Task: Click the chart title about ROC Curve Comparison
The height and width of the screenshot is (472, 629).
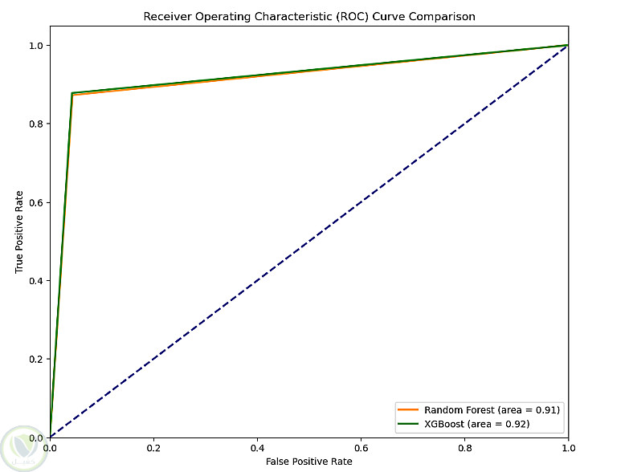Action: click(309, 17)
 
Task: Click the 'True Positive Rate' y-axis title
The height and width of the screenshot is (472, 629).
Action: click(18, 232)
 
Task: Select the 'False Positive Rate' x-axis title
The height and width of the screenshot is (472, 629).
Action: click(309, 462)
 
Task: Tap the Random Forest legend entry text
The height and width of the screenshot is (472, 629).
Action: click(492, 410)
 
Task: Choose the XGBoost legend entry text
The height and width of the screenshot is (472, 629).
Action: click(477, 424)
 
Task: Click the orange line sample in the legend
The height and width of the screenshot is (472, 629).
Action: click(408, 410)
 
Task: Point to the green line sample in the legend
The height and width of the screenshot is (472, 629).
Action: click(408, 424)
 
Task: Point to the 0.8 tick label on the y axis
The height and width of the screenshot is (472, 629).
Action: click(35, 124)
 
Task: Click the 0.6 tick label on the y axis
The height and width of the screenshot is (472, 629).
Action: click(35, 203)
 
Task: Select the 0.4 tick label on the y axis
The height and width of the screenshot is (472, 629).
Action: click(35, 280)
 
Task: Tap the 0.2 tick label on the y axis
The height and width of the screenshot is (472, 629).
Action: click(35, 359)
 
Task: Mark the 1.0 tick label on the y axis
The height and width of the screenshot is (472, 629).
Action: click(35, 46)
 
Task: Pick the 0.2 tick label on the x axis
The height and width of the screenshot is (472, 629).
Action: click(153, 448)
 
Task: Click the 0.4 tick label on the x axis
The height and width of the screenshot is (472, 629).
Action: click(257, 448)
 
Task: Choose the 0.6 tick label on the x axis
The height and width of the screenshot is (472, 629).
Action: click(361, 448)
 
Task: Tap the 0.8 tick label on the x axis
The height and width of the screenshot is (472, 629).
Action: click(465, 448)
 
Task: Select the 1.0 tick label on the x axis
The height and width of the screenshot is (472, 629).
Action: click(569, 448)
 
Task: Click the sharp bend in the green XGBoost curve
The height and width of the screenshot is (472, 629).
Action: click(71, 93)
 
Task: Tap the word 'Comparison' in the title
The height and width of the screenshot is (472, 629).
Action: click(442, 17)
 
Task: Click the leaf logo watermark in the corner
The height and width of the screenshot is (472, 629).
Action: click(24, 449)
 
